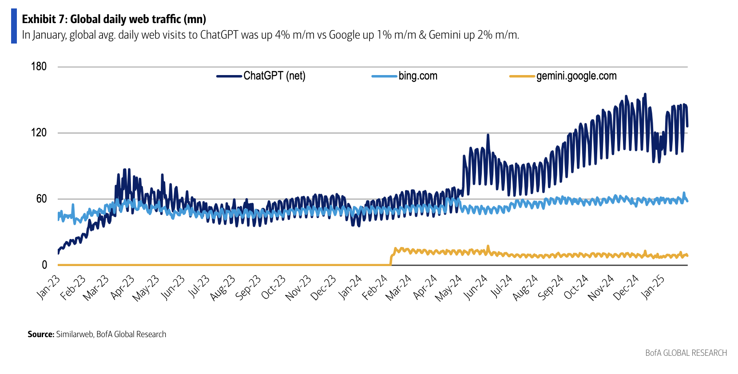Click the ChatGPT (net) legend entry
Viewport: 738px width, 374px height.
tap(274, 76)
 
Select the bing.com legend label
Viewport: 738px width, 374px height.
tap(417, 76)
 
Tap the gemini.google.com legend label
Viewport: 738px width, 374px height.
tap(576, 76)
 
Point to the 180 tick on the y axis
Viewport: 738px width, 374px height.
tap(39, 67)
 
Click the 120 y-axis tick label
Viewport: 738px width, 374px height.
tap(39, 133)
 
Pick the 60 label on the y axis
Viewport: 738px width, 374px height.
tap(41, 199)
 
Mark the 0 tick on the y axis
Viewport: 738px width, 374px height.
tap(44, 265)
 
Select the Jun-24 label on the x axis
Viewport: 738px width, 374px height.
tap(476, 287)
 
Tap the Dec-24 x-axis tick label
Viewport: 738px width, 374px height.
tap(626, 287)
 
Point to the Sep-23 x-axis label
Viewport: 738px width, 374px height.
tap(248, 287)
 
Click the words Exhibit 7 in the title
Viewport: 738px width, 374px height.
tap(44, 19)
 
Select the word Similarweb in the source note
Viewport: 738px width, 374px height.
tap(74, 334)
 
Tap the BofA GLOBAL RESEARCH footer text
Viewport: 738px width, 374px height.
tap(686, 353)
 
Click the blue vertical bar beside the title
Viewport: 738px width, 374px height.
tap(14, 26)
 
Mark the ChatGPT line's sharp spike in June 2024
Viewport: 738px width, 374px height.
tap(488, 135)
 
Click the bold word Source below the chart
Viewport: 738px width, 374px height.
tap(40, 334)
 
